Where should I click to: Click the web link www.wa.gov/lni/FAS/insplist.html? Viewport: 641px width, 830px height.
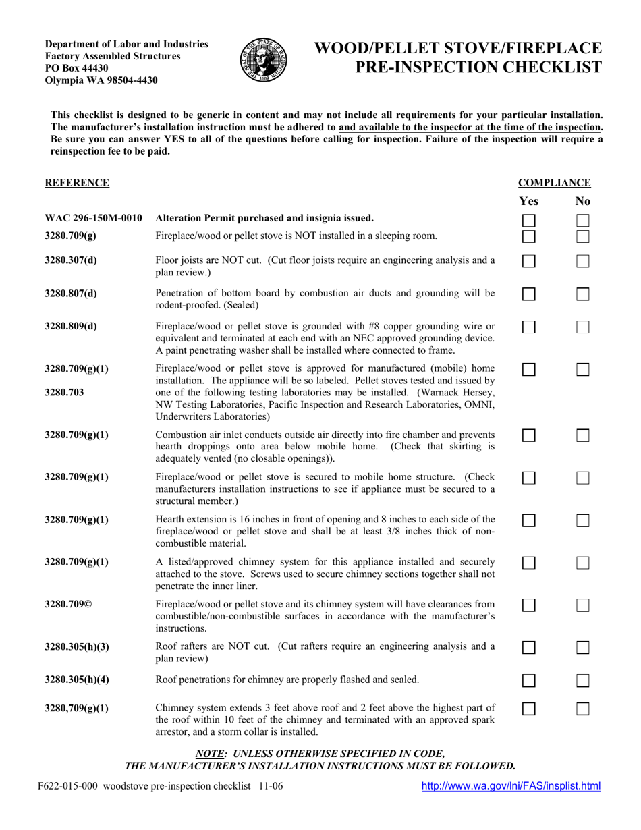tap(511, 785)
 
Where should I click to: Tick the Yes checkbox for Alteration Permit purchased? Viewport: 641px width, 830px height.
tap(529, 221)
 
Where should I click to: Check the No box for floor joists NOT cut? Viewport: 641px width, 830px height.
tap(583, 261)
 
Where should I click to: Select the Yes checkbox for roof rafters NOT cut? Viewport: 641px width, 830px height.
tap(529, 648)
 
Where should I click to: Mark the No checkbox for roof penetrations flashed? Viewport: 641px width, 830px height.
tap(583, 681)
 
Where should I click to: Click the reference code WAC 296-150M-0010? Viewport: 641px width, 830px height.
tap(93, 218)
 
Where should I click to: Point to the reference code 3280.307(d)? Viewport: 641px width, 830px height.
tap(70, 260)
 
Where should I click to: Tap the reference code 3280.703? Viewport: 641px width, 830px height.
tap(64, 391)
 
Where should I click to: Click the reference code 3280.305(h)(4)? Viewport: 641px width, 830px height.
tap(77, 680)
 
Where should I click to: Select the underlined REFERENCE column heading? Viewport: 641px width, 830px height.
tap(77, 183)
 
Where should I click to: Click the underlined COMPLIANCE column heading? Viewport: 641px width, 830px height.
tap(554, 183)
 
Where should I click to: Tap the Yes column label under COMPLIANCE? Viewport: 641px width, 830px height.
tap(529, 201)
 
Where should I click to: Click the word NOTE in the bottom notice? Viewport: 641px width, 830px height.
tap(209, 753)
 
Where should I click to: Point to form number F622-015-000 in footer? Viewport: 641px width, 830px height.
tap(67, 786)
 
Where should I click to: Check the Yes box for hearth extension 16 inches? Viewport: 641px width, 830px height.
tap(529, 520)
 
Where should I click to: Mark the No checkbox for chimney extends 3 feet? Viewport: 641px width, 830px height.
tap(583, 709)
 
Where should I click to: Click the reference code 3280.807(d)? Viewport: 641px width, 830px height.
tap(70, 294)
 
